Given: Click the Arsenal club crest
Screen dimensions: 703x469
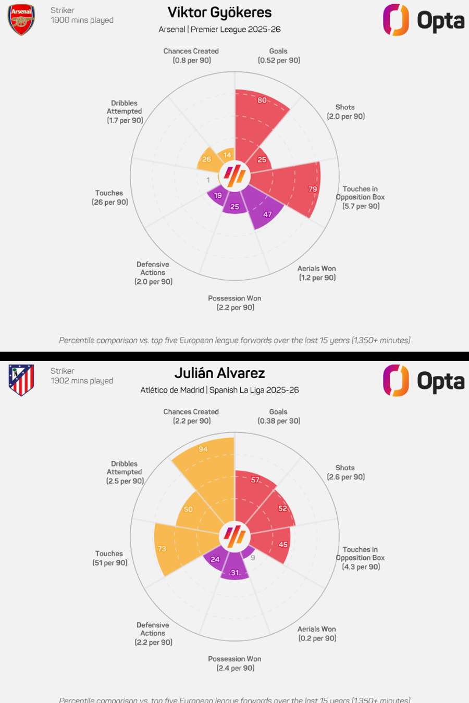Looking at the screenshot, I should [x=21, y=20].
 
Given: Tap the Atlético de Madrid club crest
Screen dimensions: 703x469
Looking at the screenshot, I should [x=21, y=380].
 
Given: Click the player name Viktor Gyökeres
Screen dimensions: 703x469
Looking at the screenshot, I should [x=219, y=12].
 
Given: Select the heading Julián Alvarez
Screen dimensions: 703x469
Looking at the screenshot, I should [x=219, y=373].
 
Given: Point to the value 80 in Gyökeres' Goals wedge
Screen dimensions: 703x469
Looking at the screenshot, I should [x=262, y=100].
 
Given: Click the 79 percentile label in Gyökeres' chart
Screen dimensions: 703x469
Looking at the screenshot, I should [x=313, y=189].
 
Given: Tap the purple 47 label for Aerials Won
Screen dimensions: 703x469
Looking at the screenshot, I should [x=267, y=214].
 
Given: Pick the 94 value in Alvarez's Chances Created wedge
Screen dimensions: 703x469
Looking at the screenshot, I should [x=203, y=449].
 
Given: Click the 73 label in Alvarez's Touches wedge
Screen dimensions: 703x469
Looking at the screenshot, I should [x=162, y=548].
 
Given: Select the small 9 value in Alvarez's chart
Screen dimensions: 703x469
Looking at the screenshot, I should [x=253, y=558].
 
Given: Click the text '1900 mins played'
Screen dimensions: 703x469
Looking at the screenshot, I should [x=82, y=20].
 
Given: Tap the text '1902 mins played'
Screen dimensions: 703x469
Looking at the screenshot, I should [x=82, y=381].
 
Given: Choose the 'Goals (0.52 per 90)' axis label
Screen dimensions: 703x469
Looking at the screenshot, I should [x=279, y=56].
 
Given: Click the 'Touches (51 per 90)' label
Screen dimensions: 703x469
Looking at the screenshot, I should [x=109, y=558].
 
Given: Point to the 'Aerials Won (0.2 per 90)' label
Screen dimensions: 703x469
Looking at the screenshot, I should [x=317, y=634].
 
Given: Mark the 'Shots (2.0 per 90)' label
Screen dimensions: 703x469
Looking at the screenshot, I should [x=345, y=111].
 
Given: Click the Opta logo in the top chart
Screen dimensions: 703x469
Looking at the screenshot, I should [x=423, y=20].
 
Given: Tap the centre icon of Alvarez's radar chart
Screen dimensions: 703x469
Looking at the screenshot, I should [x=234, y=536].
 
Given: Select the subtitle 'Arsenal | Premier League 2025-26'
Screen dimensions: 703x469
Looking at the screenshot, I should [x=219, y=29].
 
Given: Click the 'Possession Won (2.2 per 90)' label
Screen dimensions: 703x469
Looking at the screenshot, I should [x=235, y=303].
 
